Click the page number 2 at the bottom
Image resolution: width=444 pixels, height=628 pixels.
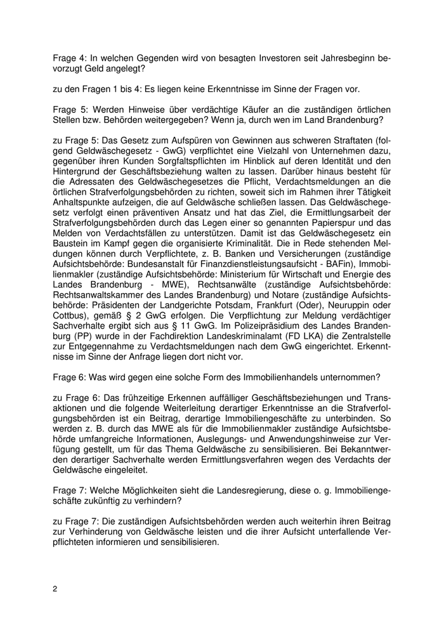pos(55,589)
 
